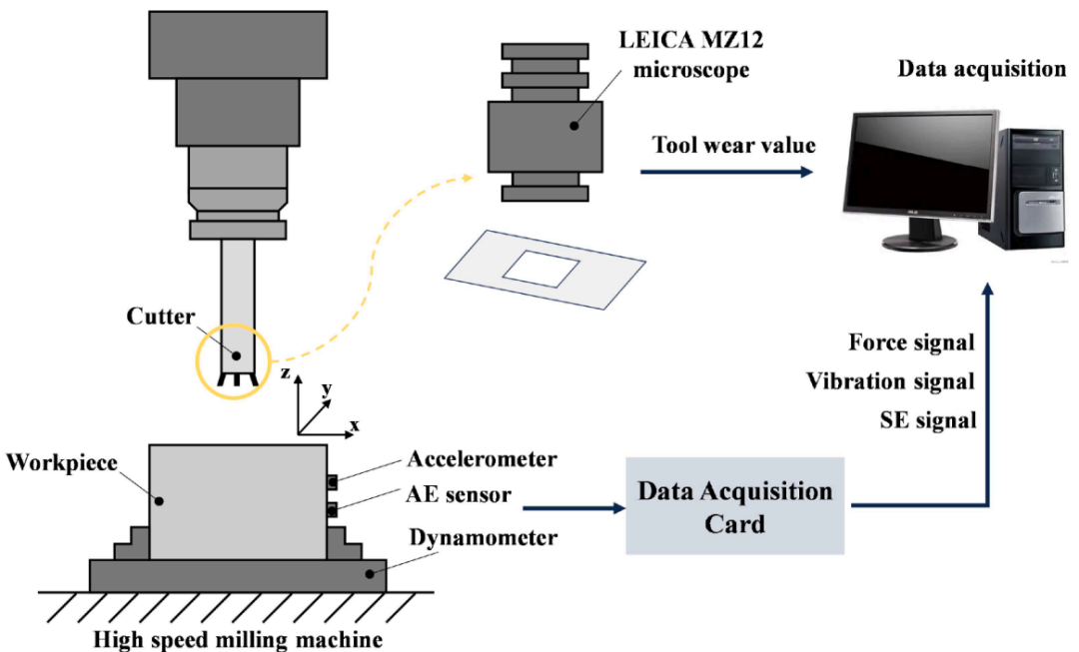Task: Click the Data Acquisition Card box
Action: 734,505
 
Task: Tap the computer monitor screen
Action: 921,166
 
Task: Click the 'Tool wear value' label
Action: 733,145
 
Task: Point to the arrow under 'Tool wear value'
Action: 726,172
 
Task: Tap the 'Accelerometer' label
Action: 482,458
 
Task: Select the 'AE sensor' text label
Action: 459,494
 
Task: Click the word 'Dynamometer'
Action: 484,537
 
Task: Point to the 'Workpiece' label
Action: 62,463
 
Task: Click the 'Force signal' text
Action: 911,342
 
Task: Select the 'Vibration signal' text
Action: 890,381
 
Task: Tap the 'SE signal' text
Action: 927,420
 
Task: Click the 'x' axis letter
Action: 355,425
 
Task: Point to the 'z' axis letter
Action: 286,373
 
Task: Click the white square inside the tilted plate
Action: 540,269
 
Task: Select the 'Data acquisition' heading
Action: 982,69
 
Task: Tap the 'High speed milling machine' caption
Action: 238,640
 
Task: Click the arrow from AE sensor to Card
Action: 573,508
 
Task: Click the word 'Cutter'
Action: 161,317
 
